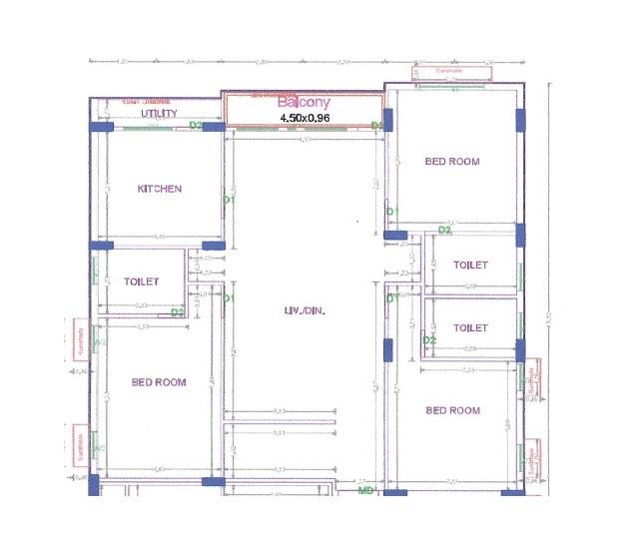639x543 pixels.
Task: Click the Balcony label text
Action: point(303,103)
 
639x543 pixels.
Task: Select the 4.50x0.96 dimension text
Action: point(303,118)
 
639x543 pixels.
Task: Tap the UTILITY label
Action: point(159,114)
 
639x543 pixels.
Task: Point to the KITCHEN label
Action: point(160,189)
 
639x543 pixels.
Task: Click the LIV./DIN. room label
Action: point(305,311)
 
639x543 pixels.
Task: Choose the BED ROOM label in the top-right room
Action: point(452,161)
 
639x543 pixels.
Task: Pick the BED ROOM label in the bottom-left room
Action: point(160,382)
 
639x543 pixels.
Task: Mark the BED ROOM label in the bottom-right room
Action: point(452,410)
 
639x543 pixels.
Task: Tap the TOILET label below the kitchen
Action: point(142,281)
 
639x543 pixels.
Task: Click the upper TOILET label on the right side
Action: point(470,266)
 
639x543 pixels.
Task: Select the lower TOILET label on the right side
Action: point(470,327)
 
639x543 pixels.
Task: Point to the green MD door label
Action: point(365,490)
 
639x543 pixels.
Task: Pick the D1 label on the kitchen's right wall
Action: point(228,200)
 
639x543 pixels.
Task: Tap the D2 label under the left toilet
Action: point(177,311)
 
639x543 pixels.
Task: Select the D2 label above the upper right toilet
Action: point(444,231)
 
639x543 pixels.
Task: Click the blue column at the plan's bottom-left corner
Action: point(94,485)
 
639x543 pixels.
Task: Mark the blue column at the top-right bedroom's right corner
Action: point(520,120)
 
